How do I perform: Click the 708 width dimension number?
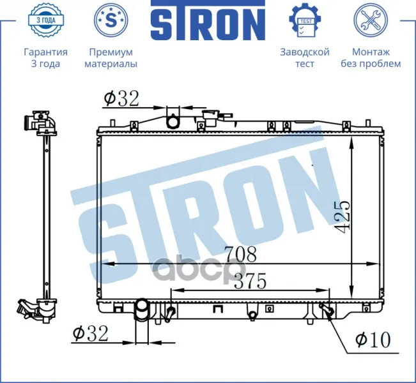tap(241, 254)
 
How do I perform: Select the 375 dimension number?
tap(250, 282)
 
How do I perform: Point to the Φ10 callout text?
tap(373, 339)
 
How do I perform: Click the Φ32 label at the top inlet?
tap(121, 98)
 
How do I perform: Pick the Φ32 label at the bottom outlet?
tap(91, 334)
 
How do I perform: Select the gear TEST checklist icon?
tap(305, 20)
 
